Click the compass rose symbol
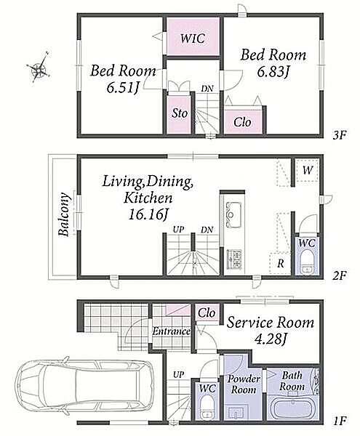tap(39, 68)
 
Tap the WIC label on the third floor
tap(193, 38)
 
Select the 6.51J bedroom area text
tap(123, 88)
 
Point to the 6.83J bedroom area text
tap(273, 72)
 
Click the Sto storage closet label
tap(180, 113)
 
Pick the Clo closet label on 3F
tap(242, 122)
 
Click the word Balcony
tap(64, 214)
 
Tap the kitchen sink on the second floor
tap(233, 214)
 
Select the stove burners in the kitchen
tap(234, 259)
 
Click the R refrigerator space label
tap(281, 263)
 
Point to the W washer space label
tap(308, 170)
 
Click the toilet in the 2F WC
tap(307, 262)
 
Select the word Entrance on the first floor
tap(171, 331)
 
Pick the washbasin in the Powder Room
tap(237, 413)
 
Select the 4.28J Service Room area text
tap(271, 339)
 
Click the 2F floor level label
tap(340, 275)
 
